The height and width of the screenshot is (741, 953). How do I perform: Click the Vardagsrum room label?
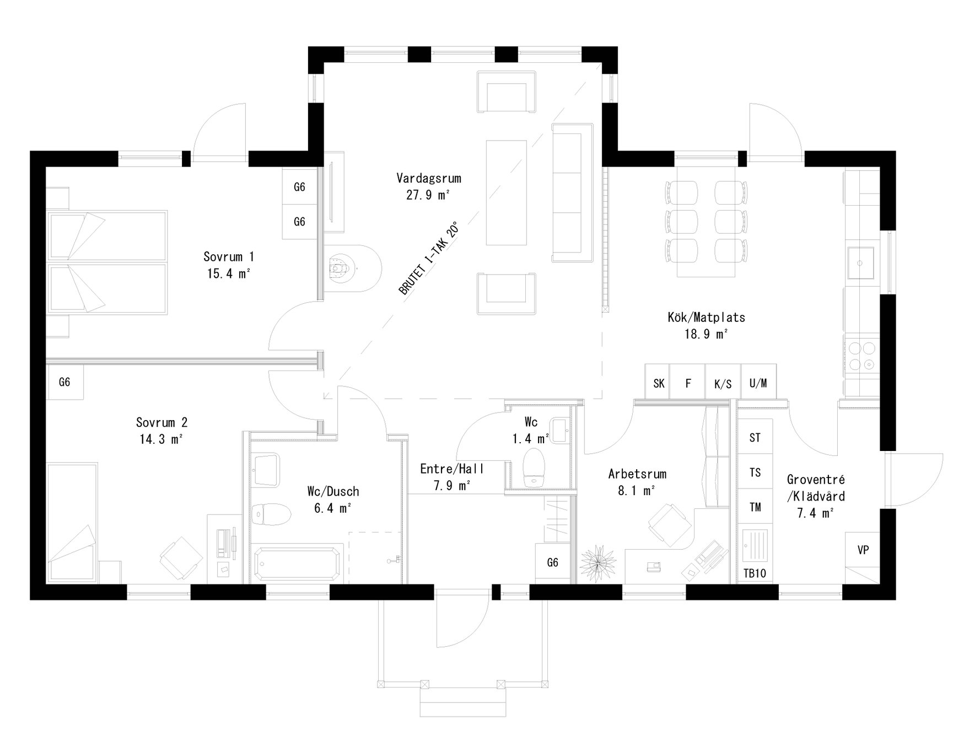tap(428, 178)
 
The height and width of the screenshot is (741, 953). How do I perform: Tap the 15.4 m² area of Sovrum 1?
tap(229, 273)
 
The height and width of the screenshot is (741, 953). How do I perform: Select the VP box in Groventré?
tap(863, 550)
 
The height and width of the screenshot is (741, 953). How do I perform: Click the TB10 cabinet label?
tap(755, 573)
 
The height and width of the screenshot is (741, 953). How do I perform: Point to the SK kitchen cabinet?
tap(659, 383)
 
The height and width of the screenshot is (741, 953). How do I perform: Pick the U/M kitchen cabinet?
tap(758, 383)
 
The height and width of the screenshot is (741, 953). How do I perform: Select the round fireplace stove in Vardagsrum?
tap(341, 269)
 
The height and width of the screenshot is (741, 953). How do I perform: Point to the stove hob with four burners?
tap(862, 356)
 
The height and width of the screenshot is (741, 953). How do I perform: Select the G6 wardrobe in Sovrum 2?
tap(64, 382)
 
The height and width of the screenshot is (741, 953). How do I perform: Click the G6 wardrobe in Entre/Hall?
tap(552, 562)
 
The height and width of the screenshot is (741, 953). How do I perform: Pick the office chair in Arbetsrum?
tap(669, 523)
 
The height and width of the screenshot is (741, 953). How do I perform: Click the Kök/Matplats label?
tap(706, 317)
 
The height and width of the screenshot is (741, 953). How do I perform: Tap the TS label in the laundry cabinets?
tap(755, 472)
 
